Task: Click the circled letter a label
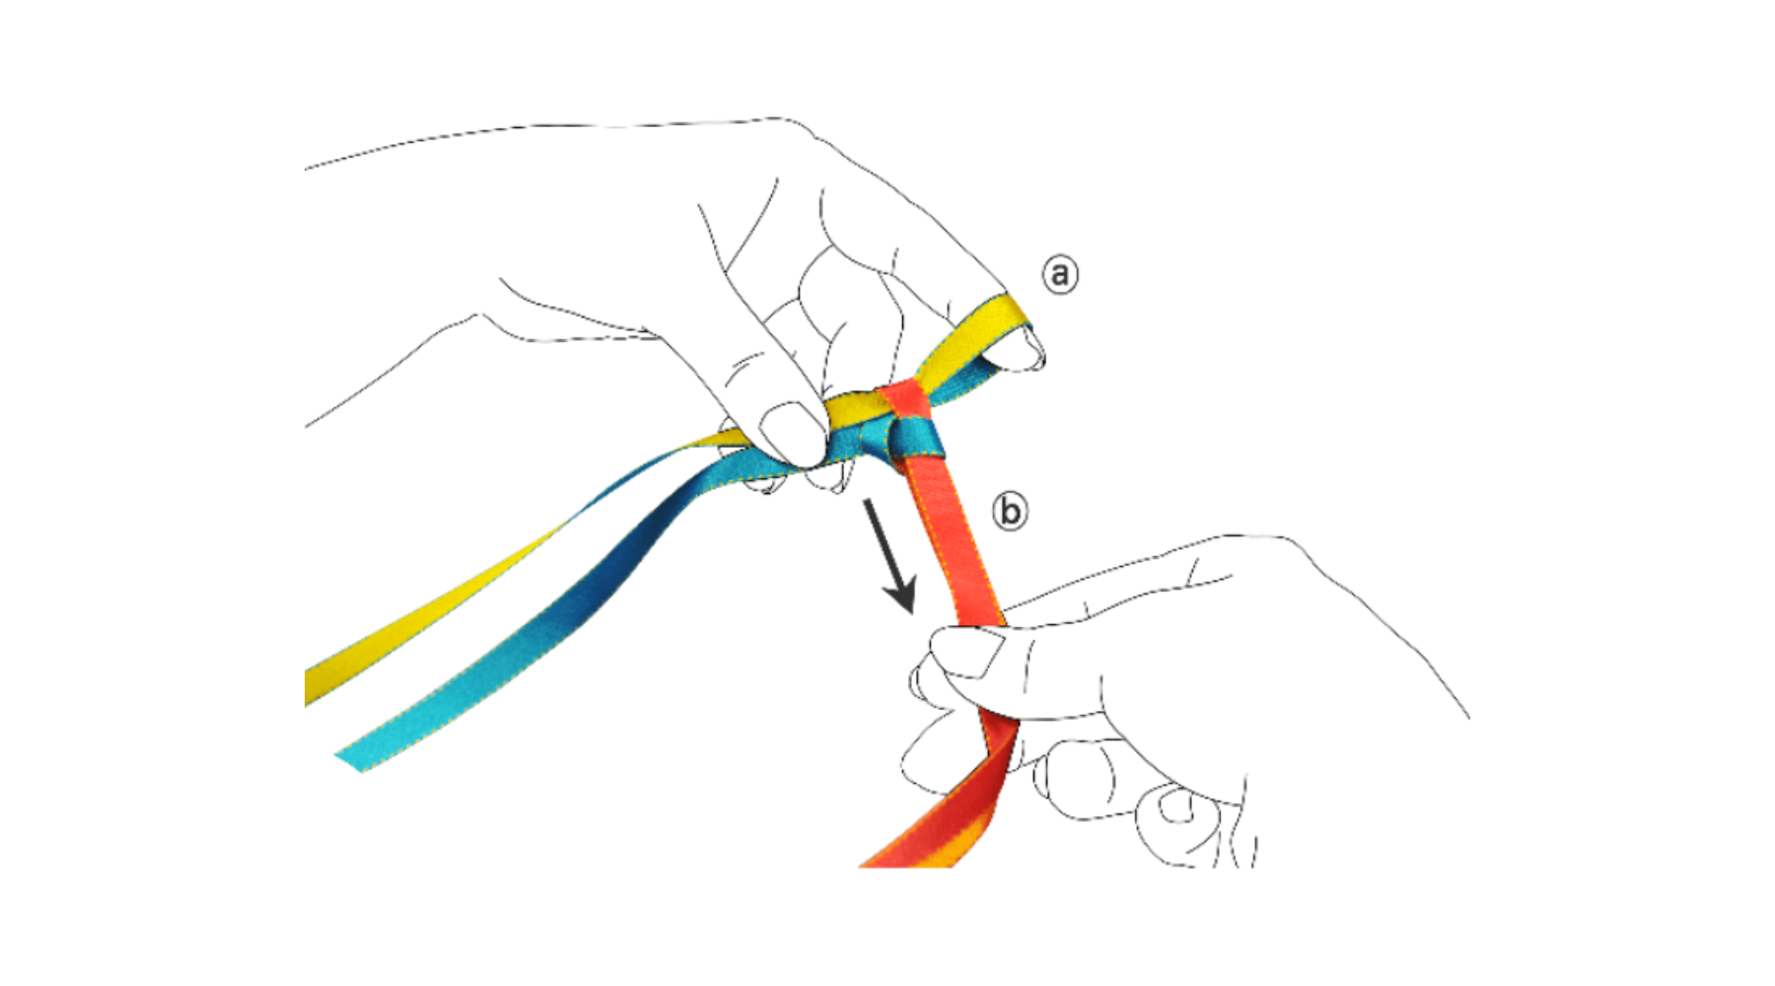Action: pyautogui.click(x=1060, y=273)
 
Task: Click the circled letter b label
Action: pyautogui.click(x=1009, y=512)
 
